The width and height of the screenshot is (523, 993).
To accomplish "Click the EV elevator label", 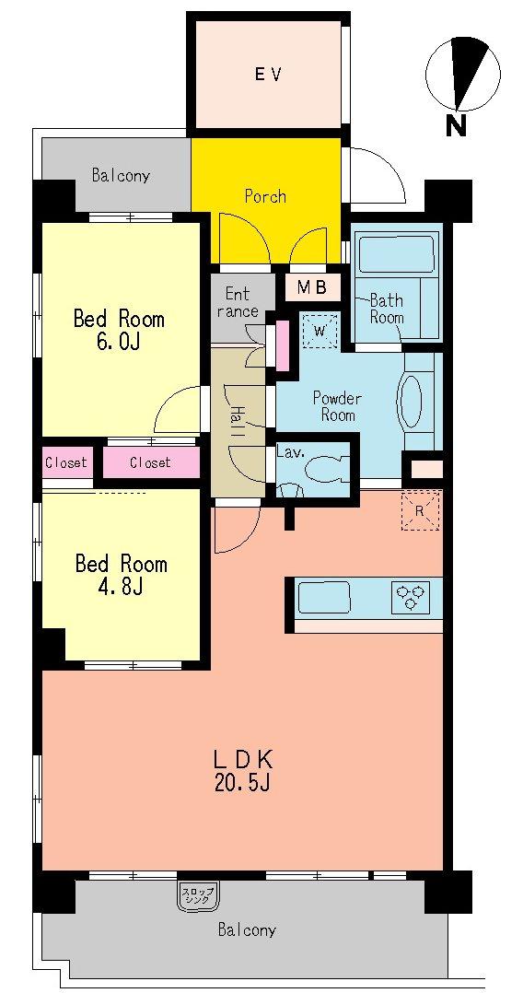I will pos(268,74).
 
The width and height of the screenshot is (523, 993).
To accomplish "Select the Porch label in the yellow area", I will pos(265,196).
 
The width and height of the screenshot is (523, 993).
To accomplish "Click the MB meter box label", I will pos(311,287).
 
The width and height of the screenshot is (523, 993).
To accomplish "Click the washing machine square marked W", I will pos(320,329).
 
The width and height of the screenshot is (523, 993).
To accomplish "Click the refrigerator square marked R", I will pos(420,511).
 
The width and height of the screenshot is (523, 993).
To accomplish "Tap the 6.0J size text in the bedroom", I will pos(119,342).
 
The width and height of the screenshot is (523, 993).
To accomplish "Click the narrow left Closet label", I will pos(66,462).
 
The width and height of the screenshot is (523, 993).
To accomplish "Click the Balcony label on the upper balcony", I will pos(121,175).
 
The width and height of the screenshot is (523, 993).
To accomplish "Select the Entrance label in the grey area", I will pos(238,303).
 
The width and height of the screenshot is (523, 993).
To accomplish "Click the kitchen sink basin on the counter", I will pos(322,598).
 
